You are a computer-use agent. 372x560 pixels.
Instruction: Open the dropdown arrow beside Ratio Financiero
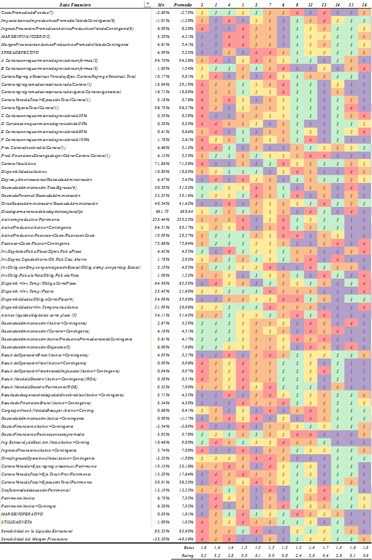pos(148,4)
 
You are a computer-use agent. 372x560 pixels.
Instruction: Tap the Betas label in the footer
pos(189,547)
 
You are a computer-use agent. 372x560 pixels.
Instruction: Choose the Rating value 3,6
pos(364,555)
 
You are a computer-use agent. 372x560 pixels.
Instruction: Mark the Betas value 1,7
pos(324,547)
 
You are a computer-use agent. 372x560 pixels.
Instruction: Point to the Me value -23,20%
pos(161,539)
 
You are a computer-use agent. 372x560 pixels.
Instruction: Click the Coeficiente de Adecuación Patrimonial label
pos(36,489)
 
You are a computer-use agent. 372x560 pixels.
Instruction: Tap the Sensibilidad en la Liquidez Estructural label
pos(37,531)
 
